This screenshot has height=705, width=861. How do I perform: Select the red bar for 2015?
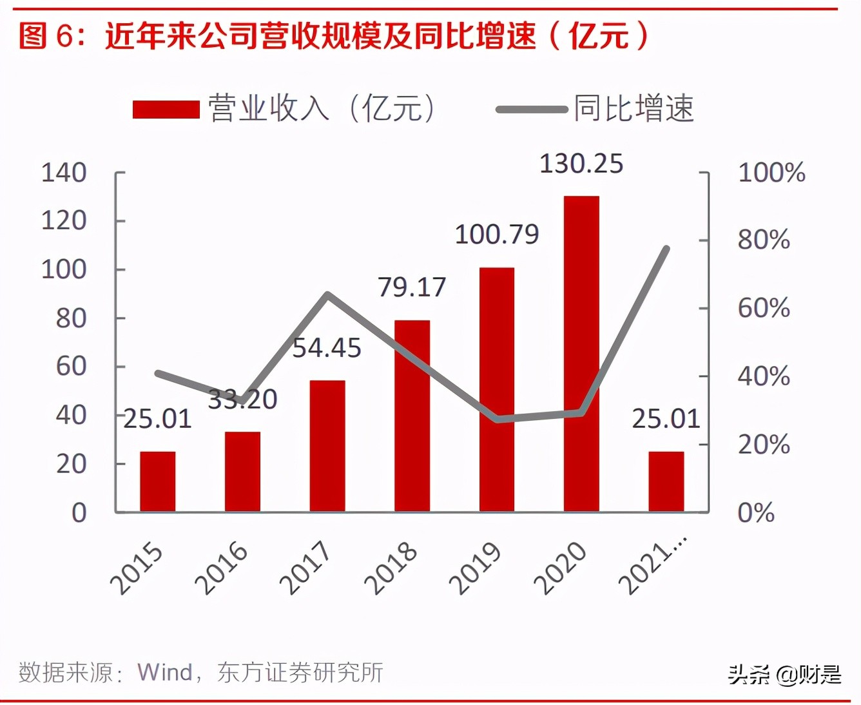tap(158, 481)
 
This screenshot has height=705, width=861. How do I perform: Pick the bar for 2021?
tap(666, 481)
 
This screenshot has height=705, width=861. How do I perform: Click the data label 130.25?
tap(581, 164)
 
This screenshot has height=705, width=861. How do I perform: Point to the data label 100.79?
tap(496, 235)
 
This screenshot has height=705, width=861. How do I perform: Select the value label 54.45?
tap(327, 348)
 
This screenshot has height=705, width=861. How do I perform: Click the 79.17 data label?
tap(411, 287)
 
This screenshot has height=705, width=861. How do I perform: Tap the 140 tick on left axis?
tap(63, 173)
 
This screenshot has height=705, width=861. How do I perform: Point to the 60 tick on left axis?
tap(71, 366)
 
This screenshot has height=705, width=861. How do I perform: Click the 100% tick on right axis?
tap(771, 173)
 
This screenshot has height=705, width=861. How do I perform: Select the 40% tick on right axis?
tap(764, 376)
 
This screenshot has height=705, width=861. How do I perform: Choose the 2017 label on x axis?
tap(305, 568)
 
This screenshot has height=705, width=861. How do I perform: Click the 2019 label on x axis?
tap(475, 568)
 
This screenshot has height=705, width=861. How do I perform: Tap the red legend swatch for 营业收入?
tap(166, 109)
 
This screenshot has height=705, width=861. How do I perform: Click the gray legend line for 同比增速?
tap(531, 110)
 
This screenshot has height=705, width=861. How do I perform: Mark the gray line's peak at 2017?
tap(327, 295)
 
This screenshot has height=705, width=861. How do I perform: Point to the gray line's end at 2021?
tap(666, 249)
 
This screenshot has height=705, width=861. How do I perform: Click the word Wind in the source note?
tap(165, 672)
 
